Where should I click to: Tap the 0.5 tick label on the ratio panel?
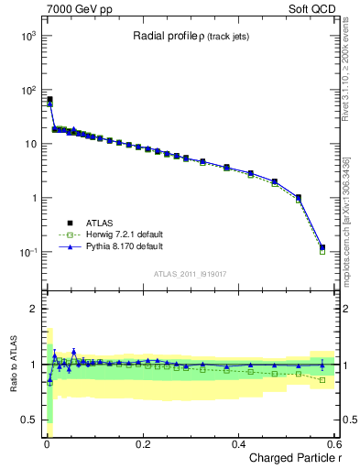pos(28,420)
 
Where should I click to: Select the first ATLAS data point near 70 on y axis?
pos(49,99)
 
